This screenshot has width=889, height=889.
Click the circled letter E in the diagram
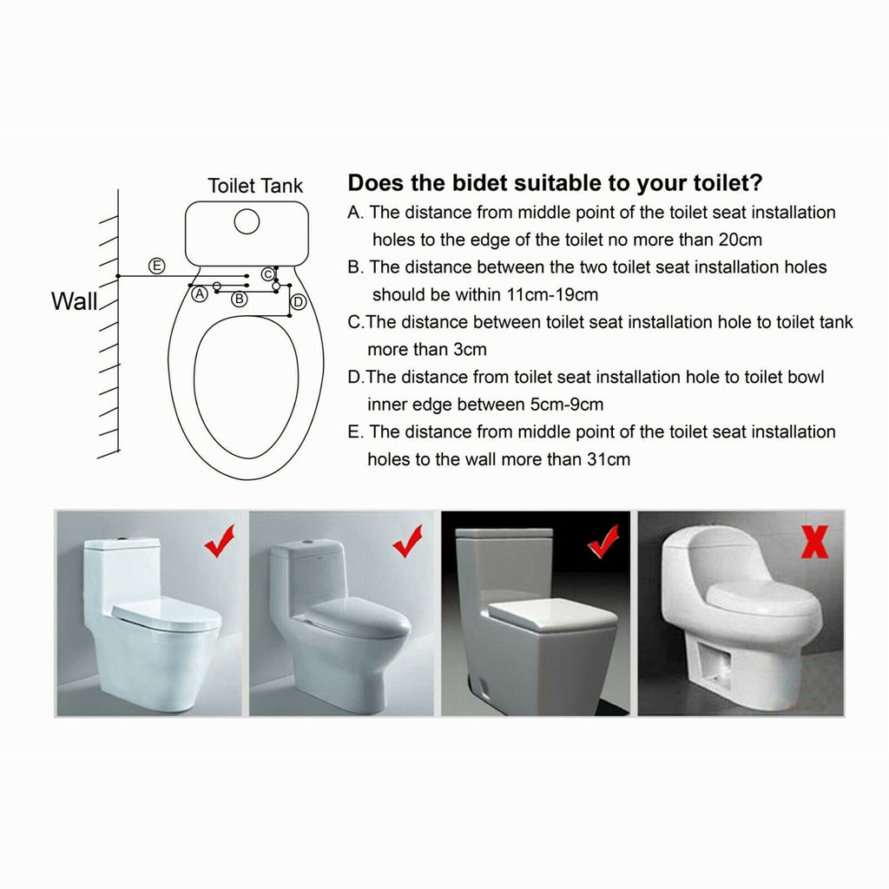(156, 266)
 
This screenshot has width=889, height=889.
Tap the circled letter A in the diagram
(199, 293)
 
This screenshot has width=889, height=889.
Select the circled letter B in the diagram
(240, 299)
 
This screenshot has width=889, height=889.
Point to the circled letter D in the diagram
(299, 301)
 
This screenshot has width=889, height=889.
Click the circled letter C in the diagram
(267, 274)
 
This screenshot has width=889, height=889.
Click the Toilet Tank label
(255, 186)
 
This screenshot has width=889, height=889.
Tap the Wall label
(75, 301)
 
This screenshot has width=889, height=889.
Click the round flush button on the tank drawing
(247, 221)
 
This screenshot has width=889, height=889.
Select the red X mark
(814, 542)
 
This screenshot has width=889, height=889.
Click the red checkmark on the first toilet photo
(220, 542)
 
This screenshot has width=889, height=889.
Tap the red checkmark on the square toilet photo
(603, 542)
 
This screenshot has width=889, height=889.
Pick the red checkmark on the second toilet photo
(408, 542)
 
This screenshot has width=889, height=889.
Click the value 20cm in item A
(740, 240)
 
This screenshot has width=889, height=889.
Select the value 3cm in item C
(470, 350)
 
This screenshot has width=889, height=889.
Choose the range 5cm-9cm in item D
(566, 405)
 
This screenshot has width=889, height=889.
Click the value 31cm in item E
(609, 459)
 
